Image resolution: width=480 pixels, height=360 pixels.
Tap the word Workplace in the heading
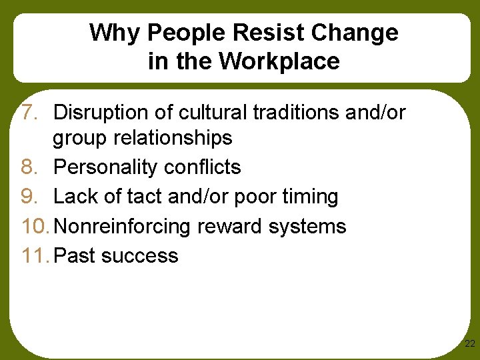pyautogui.click(x=279, y=61)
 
